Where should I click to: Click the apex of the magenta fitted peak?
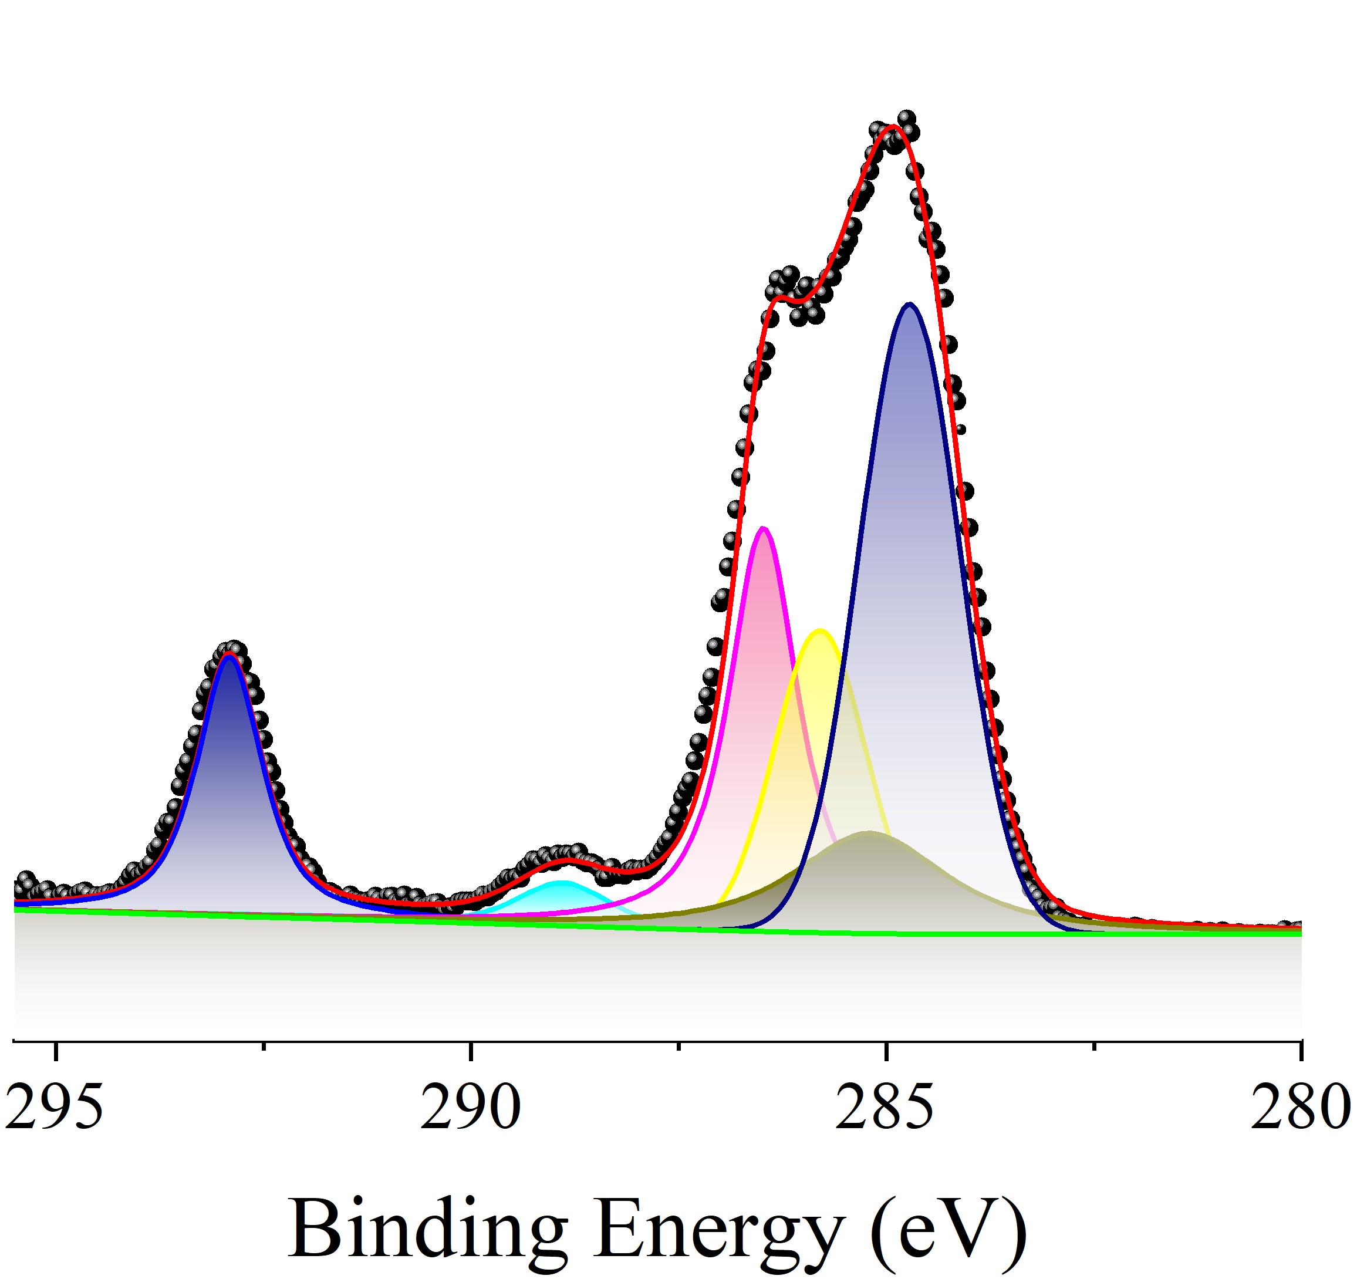point(764,528)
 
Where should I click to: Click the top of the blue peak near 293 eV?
point(231,655)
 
